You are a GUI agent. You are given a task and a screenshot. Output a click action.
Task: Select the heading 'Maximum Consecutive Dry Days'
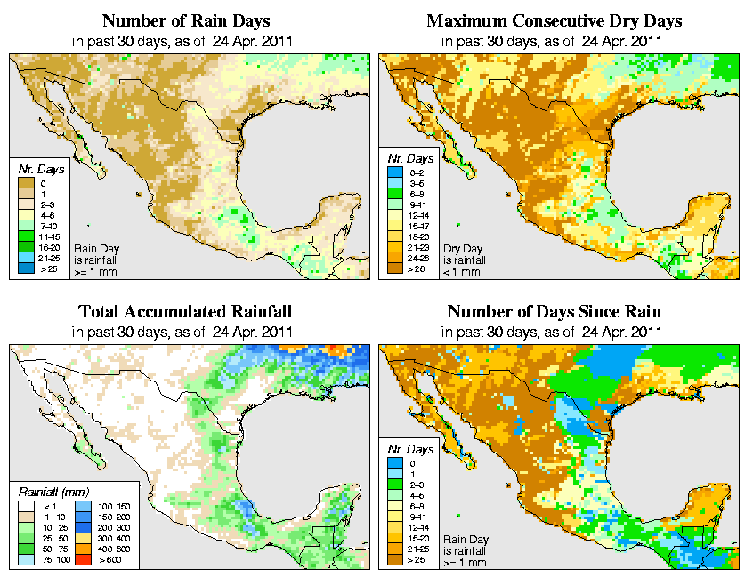tap(555, 20)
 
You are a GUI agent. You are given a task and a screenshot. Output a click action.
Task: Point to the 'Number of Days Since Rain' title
tap(555, 312)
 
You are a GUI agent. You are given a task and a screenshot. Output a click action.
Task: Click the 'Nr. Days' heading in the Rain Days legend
tap(36, 169)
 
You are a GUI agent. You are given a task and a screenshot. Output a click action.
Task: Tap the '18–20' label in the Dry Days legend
tap(416, 236)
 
